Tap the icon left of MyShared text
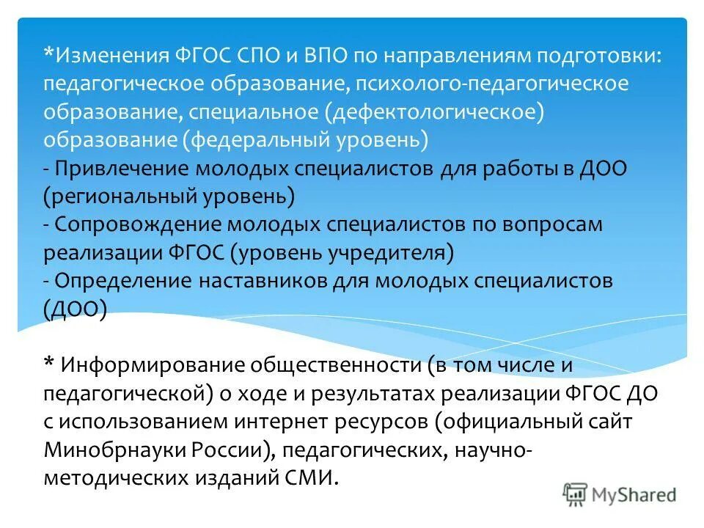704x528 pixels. tap(576, 494)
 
